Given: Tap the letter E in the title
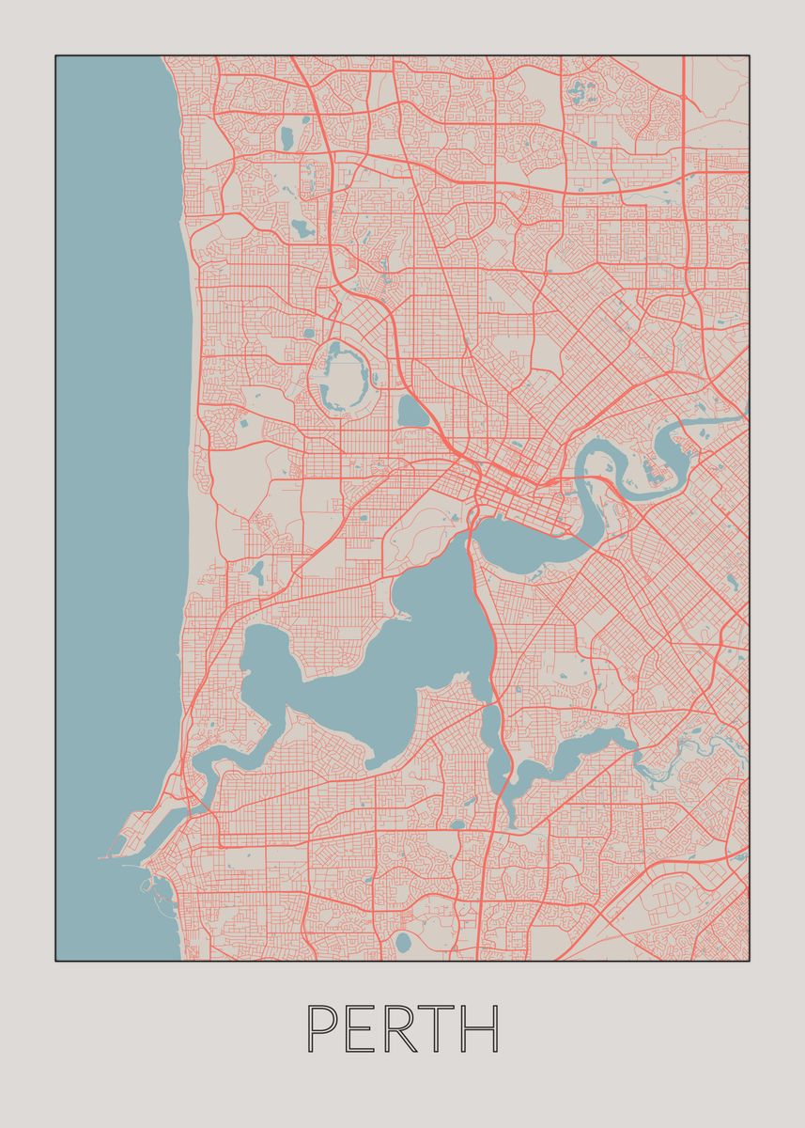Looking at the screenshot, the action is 362,1029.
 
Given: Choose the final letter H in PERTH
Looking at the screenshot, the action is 480,1029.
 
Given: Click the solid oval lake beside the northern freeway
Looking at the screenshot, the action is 411,411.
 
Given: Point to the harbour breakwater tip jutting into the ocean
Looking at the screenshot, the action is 101,857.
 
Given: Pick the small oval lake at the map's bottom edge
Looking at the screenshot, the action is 403,941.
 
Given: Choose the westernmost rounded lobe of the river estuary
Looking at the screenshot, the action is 266,658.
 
